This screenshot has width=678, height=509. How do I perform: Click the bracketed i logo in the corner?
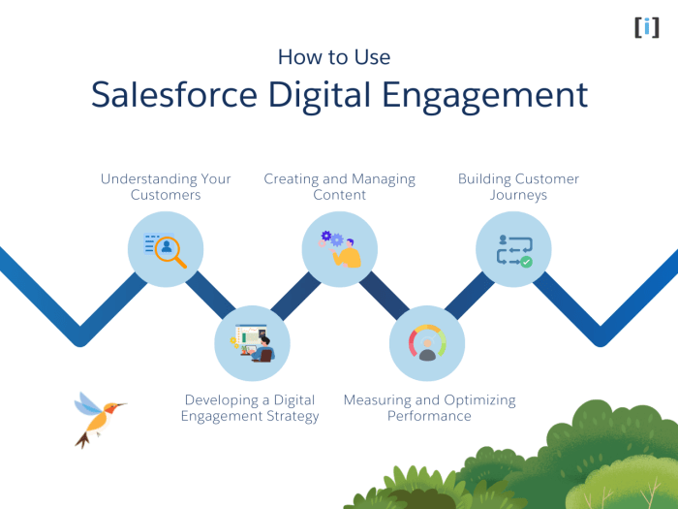tap(646, 26)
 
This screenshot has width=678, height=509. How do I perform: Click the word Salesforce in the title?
tap(171, 95)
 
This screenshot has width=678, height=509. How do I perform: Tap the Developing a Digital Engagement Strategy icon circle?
tap(252, 342)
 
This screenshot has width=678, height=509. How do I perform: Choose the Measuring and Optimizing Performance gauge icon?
tap(426, 342)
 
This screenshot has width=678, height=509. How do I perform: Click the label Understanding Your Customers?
tap(166, 186)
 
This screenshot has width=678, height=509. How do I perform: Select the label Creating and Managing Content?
tap(339, 186)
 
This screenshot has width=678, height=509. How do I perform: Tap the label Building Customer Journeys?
tap(518, 186)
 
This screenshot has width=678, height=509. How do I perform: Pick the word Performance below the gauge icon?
tap(429, 416)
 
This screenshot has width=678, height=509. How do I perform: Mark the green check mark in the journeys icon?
tap(526, 262)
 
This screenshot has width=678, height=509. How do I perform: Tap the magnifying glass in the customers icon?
tap(170, 249)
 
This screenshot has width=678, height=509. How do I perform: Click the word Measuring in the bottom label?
tap(378, 399)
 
